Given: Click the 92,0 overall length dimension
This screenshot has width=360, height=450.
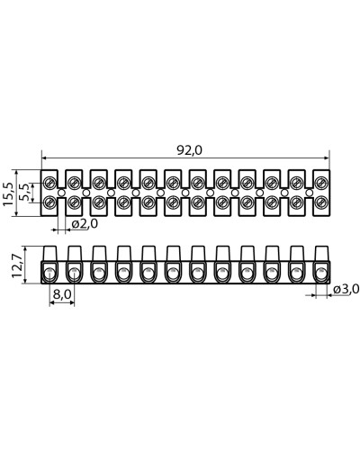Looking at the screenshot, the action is (x=189, y=150).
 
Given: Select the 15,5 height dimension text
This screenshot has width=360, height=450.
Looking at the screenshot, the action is (x=8, y=193).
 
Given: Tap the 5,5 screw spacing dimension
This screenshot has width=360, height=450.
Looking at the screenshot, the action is (x=26, y=193).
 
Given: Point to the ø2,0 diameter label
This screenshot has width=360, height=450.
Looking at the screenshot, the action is (x=85, y=224).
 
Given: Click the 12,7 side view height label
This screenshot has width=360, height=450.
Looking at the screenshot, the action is (x=17, y=265).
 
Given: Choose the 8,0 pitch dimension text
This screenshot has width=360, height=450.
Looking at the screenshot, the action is (x=62, y=294).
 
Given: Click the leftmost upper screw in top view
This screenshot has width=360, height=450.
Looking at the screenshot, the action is (x=49, y=182).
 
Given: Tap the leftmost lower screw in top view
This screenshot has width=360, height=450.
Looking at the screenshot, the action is (x=49, y=202).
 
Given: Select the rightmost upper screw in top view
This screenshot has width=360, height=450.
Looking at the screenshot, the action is (x=321, y=182).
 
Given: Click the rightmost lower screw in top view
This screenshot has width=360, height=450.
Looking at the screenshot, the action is (x=321, y=202).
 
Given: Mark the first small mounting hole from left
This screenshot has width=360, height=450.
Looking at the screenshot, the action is (x=61, y=193).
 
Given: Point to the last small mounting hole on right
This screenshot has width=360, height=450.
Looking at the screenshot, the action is (x=310, y=193).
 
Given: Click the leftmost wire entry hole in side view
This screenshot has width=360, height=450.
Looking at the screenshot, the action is (x=49, y=274).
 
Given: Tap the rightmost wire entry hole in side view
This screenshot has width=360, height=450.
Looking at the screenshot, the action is (x=321, y=274).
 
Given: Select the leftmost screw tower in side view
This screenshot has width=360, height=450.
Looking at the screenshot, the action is (x=50, y=254).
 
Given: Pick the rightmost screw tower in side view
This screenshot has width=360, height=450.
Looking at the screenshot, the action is (x=322, y=254).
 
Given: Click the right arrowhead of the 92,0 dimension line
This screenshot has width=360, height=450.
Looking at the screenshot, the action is (x=326, y=158).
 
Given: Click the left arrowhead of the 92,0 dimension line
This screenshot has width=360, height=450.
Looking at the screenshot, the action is (x=45, y=158).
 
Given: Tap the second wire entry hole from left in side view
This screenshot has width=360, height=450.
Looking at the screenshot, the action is (x=74, y=274).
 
